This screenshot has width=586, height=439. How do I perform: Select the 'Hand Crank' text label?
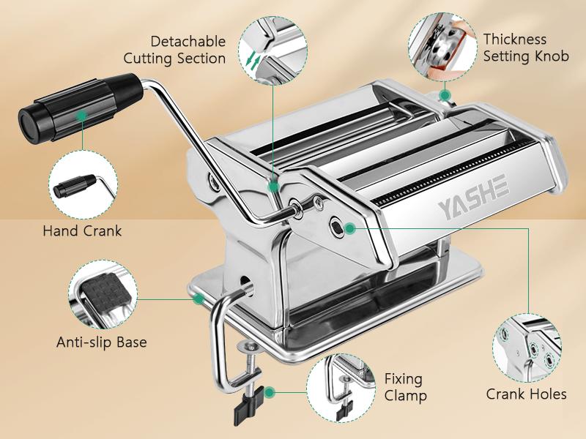point(82,231)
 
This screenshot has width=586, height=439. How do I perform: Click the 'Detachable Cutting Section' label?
point(174,50)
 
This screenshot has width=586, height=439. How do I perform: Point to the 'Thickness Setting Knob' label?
point(526,48)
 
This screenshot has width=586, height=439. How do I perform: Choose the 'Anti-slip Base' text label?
point(102,342)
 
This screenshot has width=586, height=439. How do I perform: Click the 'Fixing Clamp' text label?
point(404,388)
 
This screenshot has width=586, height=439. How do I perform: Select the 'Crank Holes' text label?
point(526,394)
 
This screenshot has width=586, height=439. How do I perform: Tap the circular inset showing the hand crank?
point(81,187)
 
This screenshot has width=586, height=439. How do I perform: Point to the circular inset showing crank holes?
point(526,348)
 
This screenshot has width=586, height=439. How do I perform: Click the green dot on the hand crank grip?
point(83,115)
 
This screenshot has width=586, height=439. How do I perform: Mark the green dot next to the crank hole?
point(351,228)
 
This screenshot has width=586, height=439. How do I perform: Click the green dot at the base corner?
point(197,297)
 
